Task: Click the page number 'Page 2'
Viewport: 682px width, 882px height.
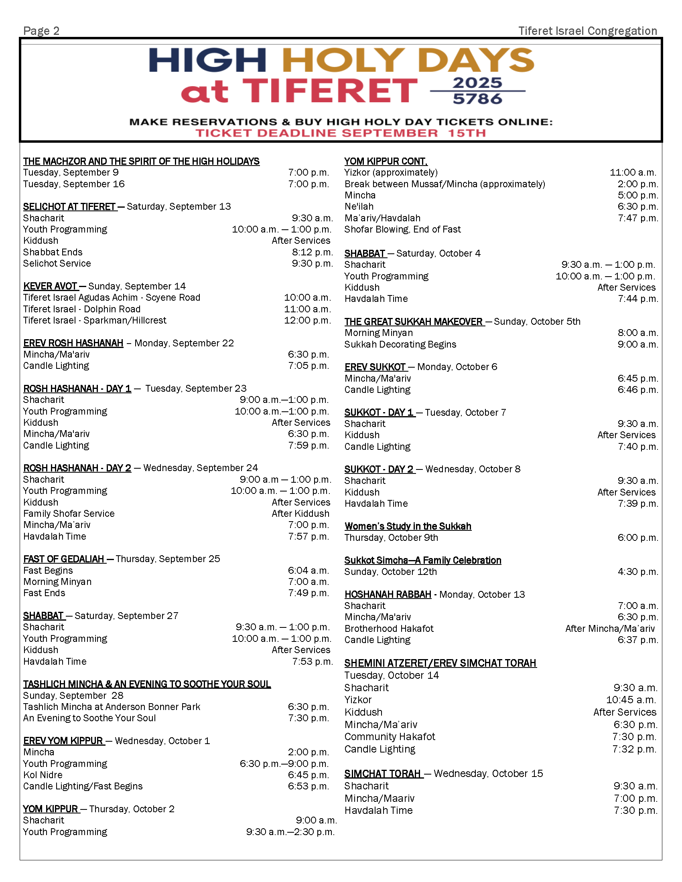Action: (41, 31)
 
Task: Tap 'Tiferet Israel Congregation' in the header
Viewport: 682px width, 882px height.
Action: (587, 31)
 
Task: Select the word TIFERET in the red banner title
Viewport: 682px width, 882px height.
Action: (330, 91)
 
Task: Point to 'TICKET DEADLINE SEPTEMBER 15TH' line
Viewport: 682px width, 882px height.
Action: (341, 133)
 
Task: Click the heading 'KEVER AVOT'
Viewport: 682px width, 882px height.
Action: (50, 286)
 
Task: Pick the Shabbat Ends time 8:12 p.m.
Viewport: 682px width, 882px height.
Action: (312, 253)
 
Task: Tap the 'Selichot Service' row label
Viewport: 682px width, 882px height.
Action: (57, 264)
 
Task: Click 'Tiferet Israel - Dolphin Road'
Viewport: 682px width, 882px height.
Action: (81, 310)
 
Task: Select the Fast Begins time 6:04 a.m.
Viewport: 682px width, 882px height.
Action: (308, 570)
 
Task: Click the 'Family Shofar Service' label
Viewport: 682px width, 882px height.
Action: (69, 514)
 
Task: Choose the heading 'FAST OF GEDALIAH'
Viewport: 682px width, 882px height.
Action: (64, 559)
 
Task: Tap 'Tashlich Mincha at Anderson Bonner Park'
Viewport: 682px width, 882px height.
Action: (112, 707)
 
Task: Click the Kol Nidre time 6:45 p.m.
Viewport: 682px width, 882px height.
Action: (308, 775)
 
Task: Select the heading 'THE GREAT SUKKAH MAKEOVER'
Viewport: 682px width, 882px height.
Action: (413, 322)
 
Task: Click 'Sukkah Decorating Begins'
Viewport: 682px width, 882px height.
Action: (400, 344)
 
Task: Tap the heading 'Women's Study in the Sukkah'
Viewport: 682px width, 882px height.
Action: (408, 526)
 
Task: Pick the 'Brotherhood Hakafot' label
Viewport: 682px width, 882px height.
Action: (389, 629)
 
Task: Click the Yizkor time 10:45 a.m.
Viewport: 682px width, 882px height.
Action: (631, 700)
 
